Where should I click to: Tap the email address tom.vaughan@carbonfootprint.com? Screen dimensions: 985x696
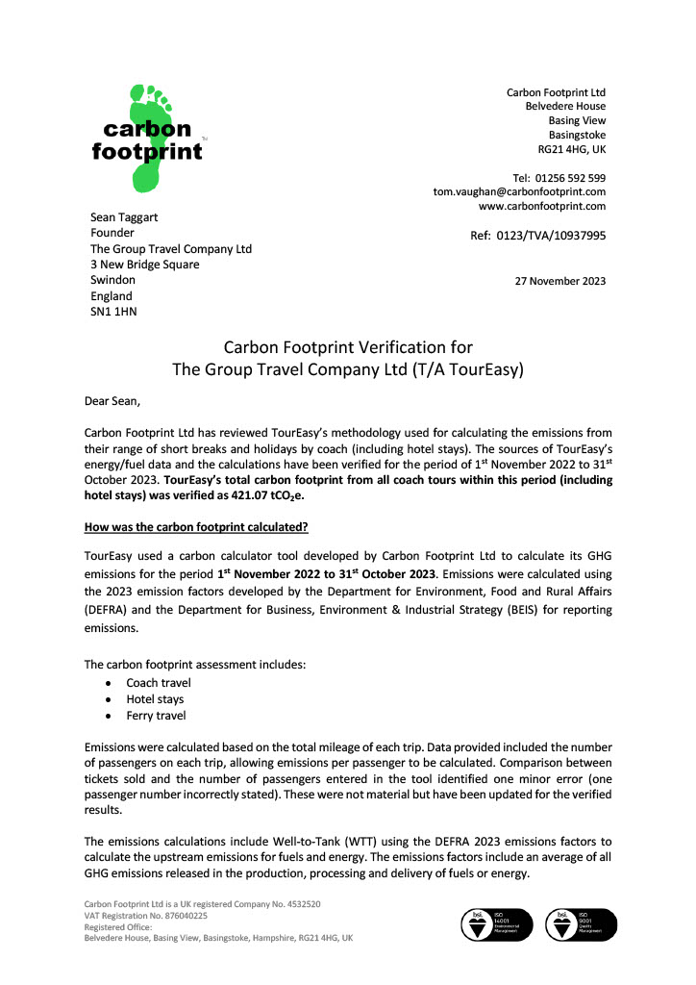(519, 191)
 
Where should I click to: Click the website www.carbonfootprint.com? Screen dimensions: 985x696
(542, 206)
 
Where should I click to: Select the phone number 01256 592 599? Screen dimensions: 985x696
(571, 178)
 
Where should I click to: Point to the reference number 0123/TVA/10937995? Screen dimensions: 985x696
(550, 235)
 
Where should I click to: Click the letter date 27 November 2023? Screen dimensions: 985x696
(561, 281)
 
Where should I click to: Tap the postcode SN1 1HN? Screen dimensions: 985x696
(113, 312)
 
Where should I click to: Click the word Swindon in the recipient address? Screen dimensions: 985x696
(112, 280)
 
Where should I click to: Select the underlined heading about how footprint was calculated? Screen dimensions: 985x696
(195, 527)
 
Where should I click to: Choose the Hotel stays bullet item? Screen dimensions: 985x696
(155, 699)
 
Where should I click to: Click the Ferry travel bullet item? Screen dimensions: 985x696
(156, 716)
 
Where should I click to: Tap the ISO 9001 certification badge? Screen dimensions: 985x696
(576, 925)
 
